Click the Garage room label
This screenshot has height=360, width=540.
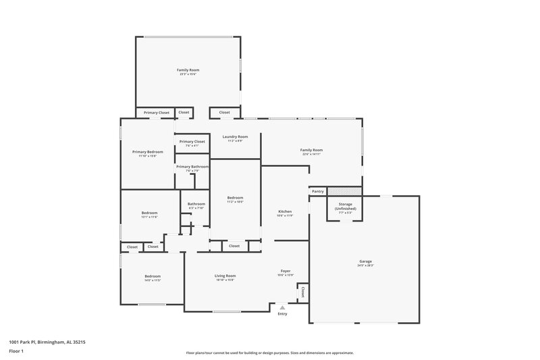[x=365, y=261]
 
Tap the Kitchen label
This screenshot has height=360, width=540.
[x=285, y=212]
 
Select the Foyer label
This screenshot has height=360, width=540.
[x=285, y=271]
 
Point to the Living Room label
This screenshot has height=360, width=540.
[x=225, y=276]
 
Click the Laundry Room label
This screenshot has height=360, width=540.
[x=235, y=137]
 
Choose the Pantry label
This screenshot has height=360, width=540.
[x=318, y=192]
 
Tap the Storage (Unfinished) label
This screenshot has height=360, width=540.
[x=345, y=207]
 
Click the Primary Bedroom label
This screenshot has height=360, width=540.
[x=147, y=152]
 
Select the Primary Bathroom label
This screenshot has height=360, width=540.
[x=192, y=166]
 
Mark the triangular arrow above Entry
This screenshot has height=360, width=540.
[x=282, y=307]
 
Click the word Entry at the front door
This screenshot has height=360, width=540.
[x=282, y=313]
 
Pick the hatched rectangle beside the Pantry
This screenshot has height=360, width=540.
[x=344, y=191]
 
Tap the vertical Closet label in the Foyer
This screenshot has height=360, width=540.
[x=303, y=292]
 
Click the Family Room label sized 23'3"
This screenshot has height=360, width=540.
[x=188, y=70]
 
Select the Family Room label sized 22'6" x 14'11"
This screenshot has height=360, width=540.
[x=311, y=150]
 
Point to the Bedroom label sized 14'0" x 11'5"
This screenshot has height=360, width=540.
[x=152, y=276]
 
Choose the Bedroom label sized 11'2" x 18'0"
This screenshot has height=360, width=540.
[x=235, y=198]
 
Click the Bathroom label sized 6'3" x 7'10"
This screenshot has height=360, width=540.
[x=196, y=204]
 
